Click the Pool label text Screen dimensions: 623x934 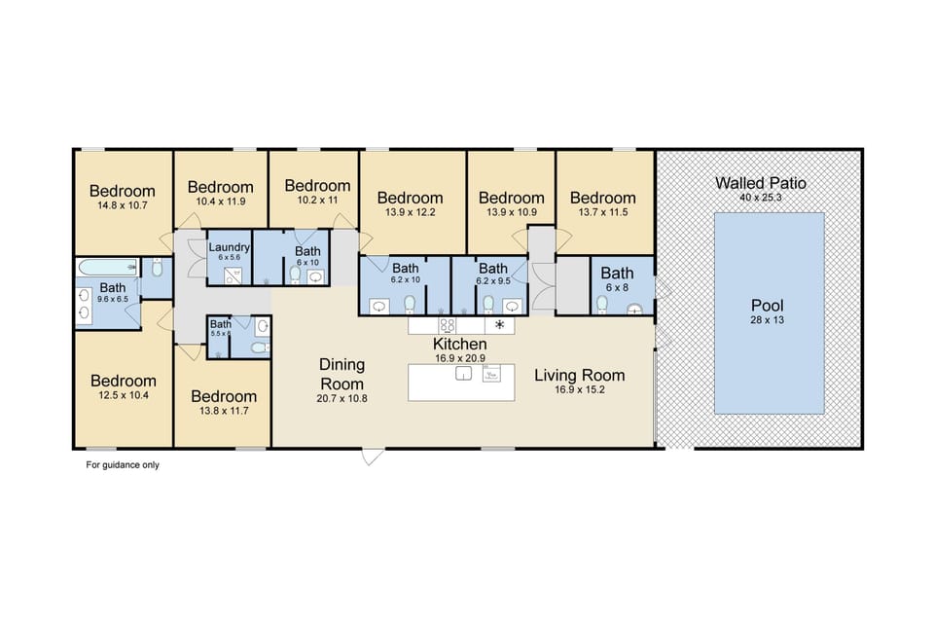pos(768,307)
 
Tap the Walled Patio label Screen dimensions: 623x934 pos(761,183)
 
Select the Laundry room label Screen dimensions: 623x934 pos(230,247)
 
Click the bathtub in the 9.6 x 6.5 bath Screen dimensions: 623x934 pos(107,267)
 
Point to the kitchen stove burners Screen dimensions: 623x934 pos(448,325)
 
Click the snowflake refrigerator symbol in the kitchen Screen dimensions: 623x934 pos(501,325)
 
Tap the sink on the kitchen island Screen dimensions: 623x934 pos(463,374)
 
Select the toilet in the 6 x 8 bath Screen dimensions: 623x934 pos(602,305)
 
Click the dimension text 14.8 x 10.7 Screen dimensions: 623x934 pos(123,206)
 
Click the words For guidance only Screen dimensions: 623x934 pos(123,465)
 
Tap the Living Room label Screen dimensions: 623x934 pos(579,375)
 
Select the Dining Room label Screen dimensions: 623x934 pos(342,374)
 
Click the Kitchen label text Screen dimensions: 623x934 pos(459,345)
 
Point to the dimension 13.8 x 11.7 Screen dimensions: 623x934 pos(224,412)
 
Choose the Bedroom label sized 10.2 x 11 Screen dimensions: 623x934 pos(317,186)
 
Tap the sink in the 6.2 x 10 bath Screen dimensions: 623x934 pos(377,306)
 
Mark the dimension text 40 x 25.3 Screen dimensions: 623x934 pos(761,198)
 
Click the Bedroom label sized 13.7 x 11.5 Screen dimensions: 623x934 pos(602,198)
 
